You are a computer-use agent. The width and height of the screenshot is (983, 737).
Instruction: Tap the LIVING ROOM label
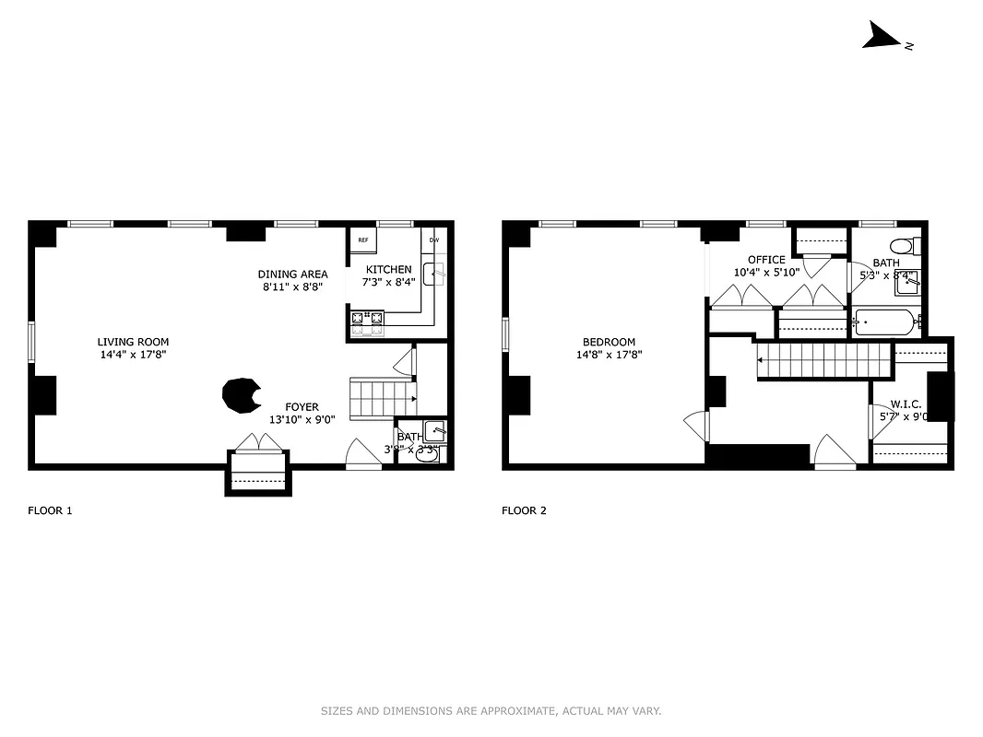[x=133, y=342]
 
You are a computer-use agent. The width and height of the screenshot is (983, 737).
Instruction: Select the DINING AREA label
[x=292, y=275]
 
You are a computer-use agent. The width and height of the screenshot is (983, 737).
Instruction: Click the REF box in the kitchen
[x=362, y=240]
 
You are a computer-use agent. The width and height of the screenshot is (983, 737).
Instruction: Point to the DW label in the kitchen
[x=433, y=240]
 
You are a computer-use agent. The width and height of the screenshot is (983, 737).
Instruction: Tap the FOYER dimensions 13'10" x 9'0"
[x=302, y=419]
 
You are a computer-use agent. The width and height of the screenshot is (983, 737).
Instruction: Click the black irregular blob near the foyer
[x=240, y=396]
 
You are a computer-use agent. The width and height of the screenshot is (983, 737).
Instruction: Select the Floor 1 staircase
[x=382, y=399]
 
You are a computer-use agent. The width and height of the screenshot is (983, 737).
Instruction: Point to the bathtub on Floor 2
[x=885, y=322]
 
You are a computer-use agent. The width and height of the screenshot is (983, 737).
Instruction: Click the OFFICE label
[x=766, y=260]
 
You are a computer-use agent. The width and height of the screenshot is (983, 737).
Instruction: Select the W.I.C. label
[x=906, y=404]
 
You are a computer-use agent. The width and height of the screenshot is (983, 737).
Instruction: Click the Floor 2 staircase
[x=825, y=360]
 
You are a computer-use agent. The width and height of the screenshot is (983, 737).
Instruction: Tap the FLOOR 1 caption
[x=50, y=510]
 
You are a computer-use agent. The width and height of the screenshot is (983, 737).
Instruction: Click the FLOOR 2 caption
[x=524, y=510]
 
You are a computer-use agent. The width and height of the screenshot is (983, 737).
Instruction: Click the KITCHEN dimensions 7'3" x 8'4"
[x=388, y=282]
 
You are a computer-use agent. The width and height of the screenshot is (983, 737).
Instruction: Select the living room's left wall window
[x=31, y=342]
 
